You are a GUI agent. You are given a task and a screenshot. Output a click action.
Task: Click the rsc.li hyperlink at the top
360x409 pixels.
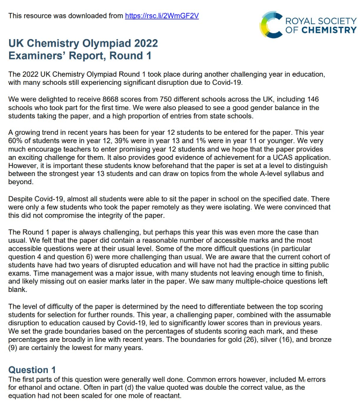[x=162, y=16]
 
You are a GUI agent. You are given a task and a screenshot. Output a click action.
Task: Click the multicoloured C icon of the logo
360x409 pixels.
[x=271, y=25]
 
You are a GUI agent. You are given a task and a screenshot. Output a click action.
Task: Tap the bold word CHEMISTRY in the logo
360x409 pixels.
[x=328, y=30]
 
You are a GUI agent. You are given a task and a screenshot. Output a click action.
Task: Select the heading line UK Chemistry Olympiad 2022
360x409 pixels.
[x=83, y=43]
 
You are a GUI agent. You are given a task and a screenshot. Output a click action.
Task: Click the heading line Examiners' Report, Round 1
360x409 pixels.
[x=80, y=55]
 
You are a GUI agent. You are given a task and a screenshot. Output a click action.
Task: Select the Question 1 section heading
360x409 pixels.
[x=32, y=370]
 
